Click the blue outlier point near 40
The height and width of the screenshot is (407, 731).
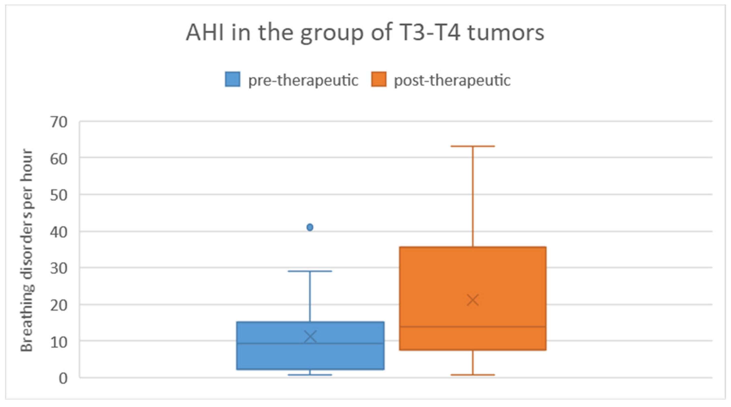click(310, 227)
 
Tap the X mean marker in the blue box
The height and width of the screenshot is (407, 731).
click(310, 337)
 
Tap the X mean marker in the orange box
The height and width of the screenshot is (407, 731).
click(473, 300)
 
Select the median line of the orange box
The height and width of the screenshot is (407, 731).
click(473, 327)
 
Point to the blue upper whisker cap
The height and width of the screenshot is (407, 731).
click(310, 271)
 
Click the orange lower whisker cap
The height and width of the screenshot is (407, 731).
click(473, 375)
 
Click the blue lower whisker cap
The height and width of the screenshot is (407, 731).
click(310, 375)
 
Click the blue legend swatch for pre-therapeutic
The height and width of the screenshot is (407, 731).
click(232, 79)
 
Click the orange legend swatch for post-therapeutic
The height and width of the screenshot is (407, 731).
click(379, 79)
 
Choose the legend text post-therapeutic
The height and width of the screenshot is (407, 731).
click(452, 80)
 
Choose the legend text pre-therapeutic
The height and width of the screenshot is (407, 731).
click(303, 80)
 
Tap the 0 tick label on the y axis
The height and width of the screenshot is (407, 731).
click(63, 378)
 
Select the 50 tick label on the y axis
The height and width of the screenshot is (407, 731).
click(59, 195)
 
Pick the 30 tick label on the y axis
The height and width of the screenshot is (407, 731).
click(59, 268)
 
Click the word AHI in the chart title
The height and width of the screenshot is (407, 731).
click(205, 32)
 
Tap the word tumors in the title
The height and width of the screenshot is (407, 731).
click(506, 33)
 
